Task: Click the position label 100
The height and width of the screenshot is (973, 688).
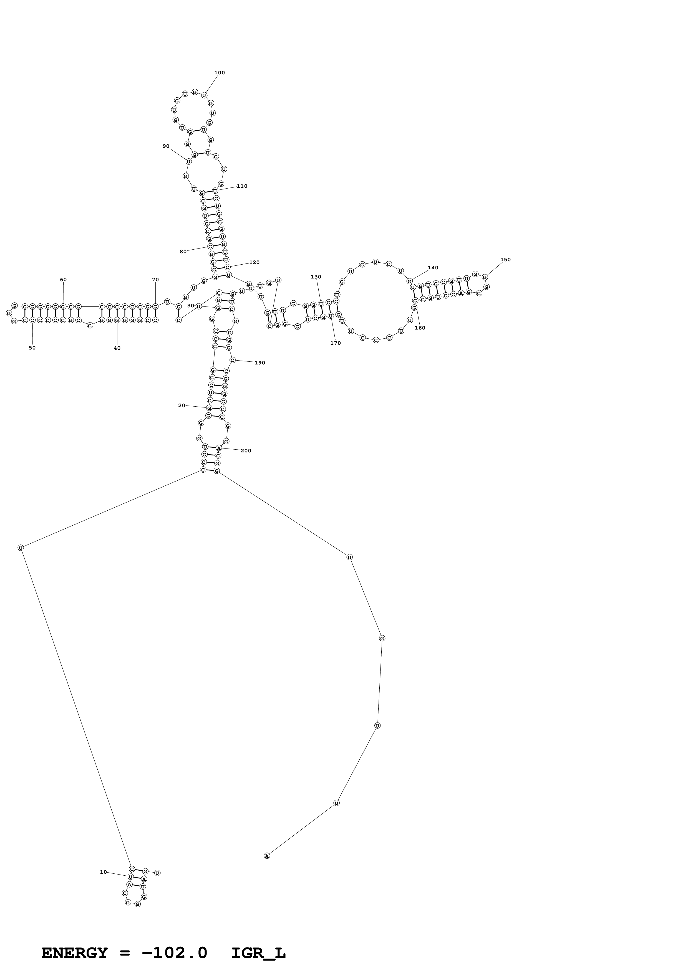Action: tap(219, 73)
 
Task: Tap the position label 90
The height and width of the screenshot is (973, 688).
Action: tap(166, 146)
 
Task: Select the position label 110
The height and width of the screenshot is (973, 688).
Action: tap(242, 186)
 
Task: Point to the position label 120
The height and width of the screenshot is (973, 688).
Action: tap(254, 262)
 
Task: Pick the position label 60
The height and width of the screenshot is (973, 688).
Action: tap(63, 280)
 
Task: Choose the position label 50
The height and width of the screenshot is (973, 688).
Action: tap(32, 348)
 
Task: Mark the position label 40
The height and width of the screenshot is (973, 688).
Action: tap(117, 348)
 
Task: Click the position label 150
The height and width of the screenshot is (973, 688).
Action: tap(505, 260)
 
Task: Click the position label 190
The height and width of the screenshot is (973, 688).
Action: tap(259, 363)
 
